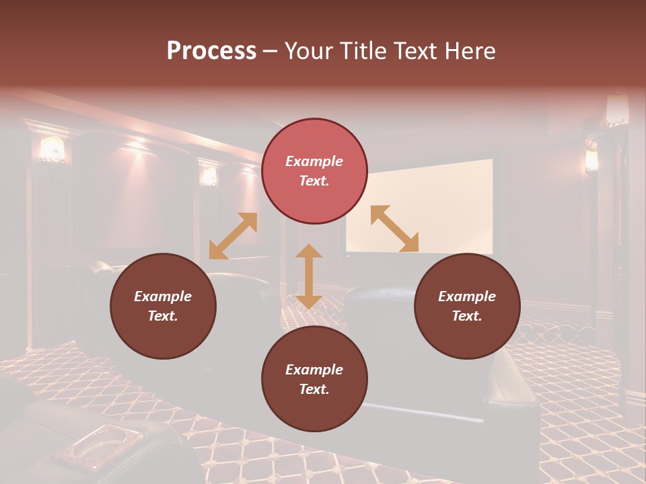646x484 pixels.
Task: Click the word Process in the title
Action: (211, 51)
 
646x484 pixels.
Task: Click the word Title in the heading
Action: (363, 51)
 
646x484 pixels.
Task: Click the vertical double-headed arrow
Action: (309, 276)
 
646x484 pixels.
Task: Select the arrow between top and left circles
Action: (233, 236)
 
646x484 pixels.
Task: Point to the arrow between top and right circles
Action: (394, 229)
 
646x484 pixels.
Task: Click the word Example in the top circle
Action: (314, 161)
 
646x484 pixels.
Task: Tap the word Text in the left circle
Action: (163, 316)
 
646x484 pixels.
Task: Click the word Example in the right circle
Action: (467, 296)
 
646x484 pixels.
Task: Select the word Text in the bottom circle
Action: (314, 389)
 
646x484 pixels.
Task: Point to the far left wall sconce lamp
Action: (52, 150)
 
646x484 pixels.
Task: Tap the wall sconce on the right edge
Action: (591, 160)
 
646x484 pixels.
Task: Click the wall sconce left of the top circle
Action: (209, 176)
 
